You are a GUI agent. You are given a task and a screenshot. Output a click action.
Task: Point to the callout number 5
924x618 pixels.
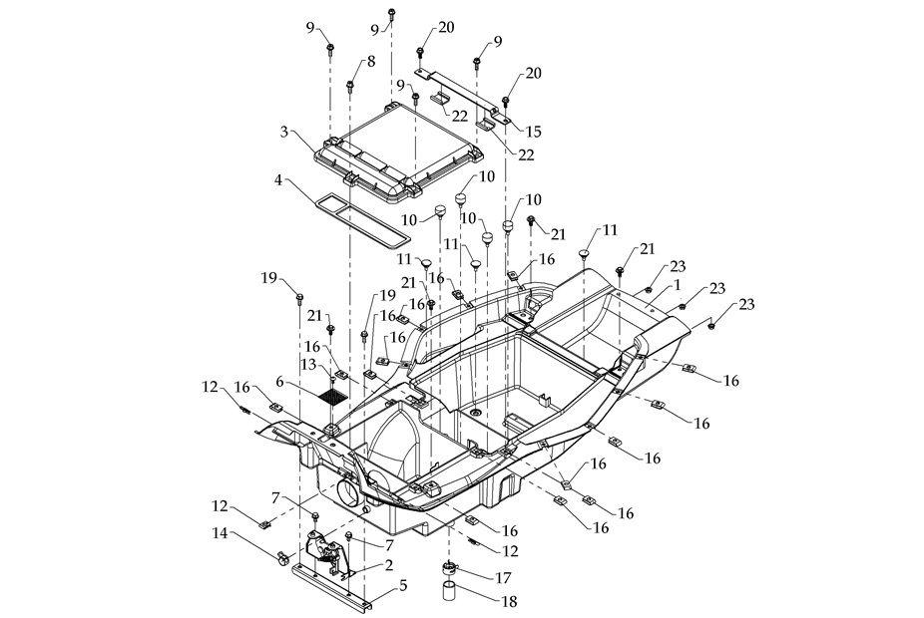[x=402, y=586]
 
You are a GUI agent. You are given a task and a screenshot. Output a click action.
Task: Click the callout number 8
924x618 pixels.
[x=371, y=62]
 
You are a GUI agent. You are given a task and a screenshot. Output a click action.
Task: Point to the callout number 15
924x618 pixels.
[x=535, y=132]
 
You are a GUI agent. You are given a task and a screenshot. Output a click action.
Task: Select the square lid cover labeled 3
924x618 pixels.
[x=399, y=150]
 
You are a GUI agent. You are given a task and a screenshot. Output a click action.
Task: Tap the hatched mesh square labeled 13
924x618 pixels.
[x=336, y=393]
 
